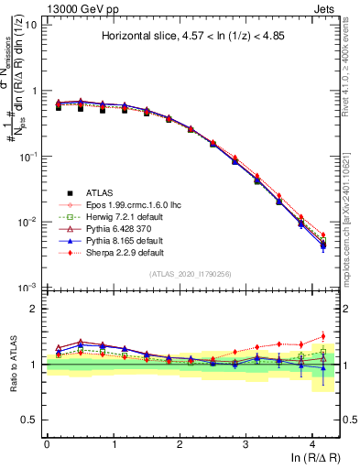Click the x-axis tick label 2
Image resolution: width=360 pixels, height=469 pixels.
(x=179, y=443)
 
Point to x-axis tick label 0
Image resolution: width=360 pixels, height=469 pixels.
(x=47, y=443)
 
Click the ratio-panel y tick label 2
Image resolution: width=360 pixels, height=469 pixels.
(x=35, y=311)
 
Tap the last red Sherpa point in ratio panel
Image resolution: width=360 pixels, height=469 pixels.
(x=322, y=336)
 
